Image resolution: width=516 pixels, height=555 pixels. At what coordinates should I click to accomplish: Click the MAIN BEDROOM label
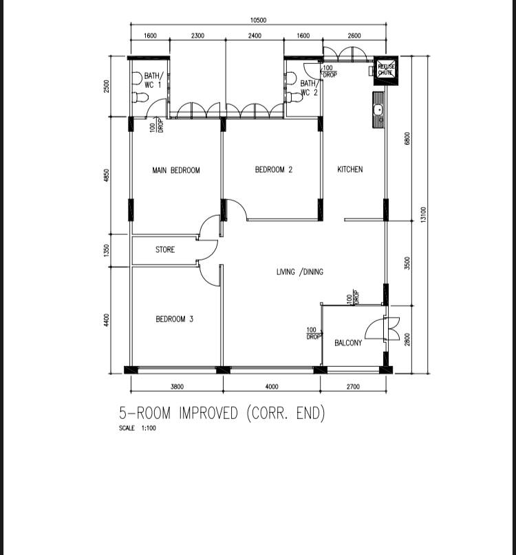pos(176,170)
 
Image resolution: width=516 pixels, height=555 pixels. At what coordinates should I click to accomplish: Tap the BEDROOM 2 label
pos(273,170)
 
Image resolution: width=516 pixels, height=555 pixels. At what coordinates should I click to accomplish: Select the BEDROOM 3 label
pos(174,319)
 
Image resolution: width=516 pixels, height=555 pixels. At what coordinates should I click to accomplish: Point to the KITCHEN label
pos(350,170)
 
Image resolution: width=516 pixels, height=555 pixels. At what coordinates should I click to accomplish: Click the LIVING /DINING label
pos(299,272)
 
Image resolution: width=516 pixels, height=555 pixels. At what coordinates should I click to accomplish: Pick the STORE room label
pos(165,250)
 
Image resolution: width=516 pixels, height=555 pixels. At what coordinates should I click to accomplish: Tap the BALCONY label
pos(348,343)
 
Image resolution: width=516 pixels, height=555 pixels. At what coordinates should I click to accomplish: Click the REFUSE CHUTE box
pos(385,69)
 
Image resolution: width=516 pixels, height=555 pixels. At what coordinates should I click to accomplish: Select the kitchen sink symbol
pos(378,110)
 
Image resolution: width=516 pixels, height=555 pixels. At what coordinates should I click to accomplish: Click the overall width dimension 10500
pos(259,21)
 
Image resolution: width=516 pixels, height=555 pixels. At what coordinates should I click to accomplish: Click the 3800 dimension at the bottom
pos(177,387)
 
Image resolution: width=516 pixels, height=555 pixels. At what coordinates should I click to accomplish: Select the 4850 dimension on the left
pos(107,176)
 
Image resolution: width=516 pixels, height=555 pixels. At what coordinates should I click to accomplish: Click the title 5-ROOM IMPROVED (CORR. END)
pos(222,414)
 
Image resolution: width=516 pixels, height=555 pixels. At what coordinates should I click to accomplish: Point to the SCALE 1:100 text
pos(138,429)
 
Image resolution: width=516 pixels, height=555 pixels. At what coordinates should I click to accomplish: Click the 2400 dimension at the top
pos(255,36)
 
